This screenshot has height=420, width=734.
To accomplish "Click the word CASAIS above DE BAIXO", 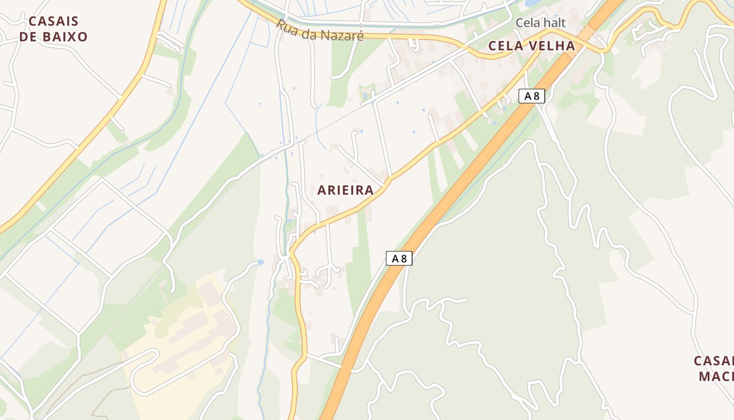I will (x=53, y=22).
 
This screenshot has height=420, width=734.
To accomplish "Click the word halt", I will (x=554, y=23).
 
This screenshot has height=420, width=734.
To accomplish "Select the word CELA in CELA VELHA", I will (x=505, y=46).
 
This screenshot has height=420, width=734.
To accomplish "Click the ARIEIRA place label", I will (x=346, y=191).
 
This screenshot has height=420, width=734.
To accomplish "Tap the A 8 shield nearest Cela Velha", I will (x=532, y=96).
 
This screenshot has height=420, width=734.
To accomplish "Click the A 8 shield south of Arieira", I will (x=399, y=258).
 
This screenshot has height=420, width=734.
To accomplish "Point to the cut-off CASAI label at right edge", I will (x=714, y=361).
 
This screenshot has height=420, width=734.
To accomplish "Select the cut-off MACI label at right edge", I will (x=716, y=377).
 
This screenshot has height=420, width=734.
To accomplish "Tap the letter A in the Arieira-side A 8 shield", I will (x=395, y=258).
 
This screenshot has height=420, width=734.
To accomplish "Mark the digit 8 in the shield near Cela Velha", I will (x=536, y=96).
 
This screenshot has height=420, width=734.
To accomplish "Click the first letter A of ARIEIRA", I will (x=321, y=191).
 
